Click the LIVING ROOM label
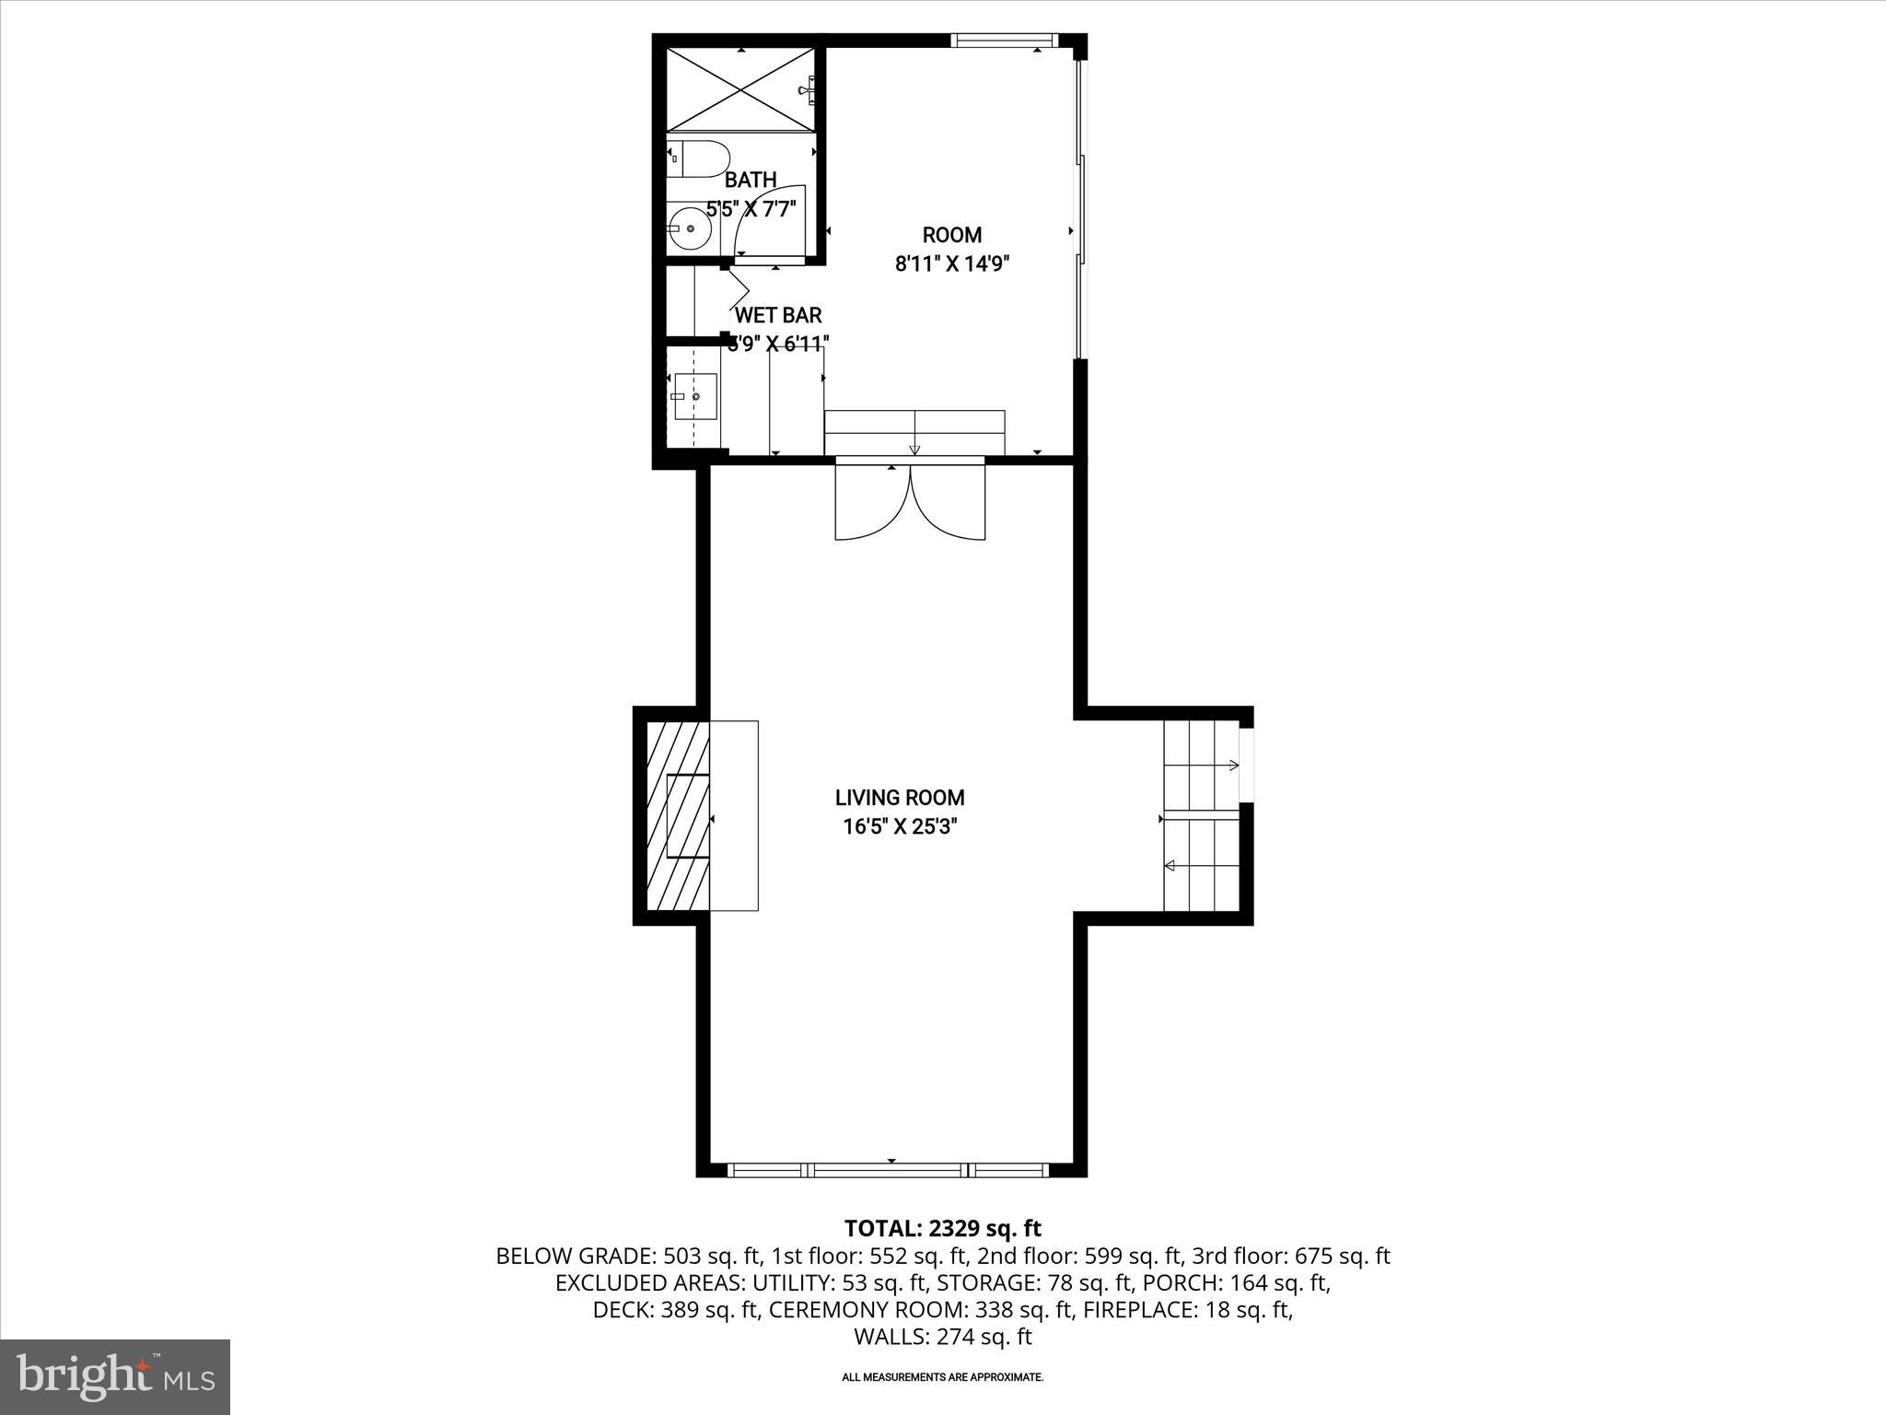[x=900, y=798]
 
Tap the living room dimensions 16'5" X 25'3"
[x=900, y=826]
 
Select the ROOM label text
[x=952, y=235]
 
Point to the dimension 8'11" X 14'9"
[x=952, y=264]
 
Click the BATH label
[x=751, y=180]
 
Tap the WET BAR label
[x=778, y=315]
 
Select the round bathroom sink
[x=688, y=228]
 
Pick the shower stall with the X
[x=740, y=89]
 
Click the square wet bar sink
[x=695, y=396]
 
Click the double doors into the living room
[x=910, y=504]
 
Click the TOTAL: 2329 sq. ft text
[x=942, y=1228]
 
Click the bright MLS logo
[x=115, y=1376]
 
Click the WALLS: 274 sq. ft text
[x=942, y=1337]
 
